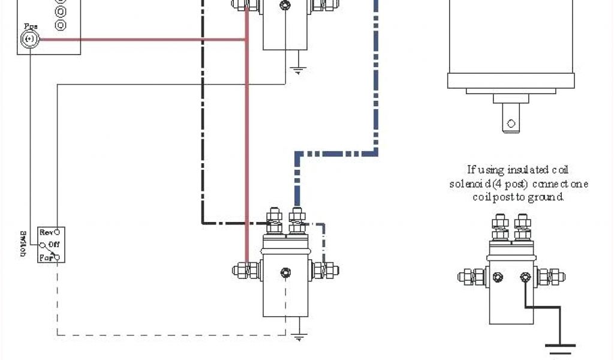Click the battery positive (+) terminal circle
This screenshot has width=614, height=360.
[29, 40]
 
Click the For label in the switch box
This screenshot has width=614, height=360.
[46, 257]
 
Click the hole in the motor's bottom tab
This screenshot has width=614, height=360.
[511, 124]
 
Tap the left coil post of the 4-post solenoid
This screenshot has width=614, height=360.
[498, 277]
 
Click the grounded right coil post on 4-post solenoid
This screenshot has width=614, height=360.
[526, 277]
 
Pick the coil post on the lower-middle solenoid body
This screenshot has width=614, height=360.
[286, 274]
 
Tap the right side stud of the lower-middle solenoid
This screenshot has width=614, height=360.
[326, 270]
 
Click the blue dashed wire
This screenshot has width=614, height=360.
[377, 90]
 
